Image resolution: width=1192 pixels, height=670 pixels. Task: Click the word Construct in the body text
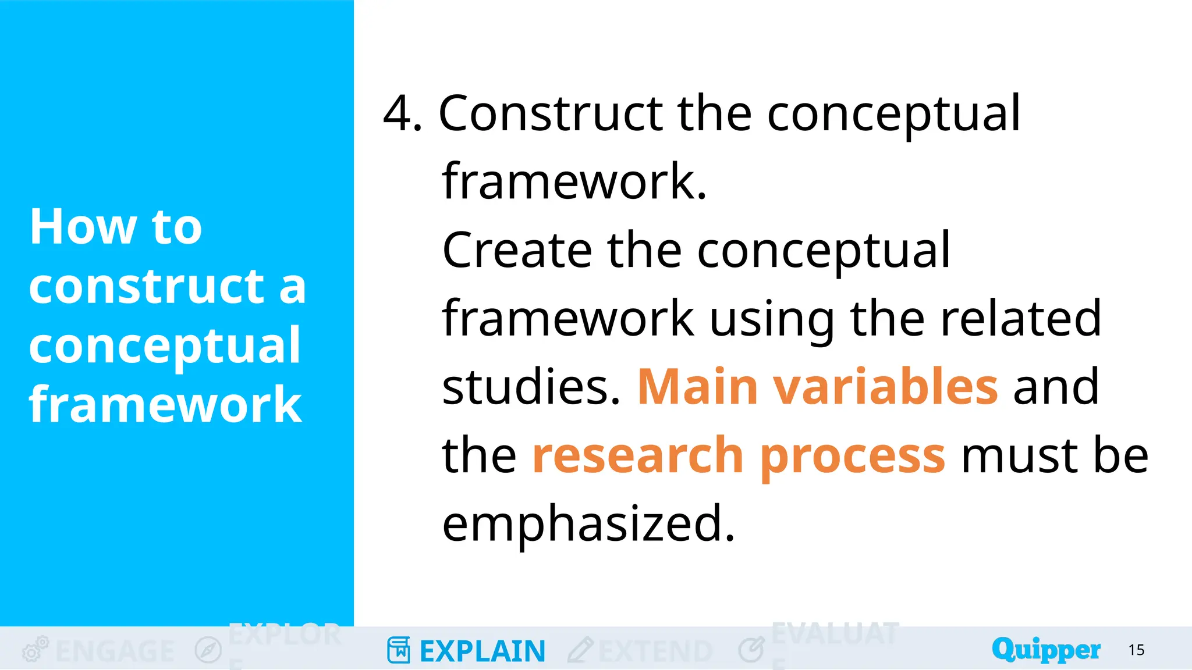(x=550, y=113)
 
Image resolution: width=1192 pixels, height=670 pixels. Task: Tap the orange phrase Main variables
(x=818, y=387)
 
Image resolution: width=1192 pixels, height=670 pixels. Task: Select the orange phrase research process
(x=738, y=456)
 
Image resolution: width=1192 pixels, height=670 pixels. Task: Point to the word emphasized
(x=588, y=523)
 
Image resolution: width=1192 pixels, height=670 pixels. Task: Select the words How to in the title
(x=116, y=227)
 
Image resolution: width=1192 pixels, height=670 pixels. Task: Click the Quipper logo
(x=1046, y=650)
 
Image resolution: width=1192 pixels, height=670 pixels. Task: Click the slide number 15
(x=1136, y=650)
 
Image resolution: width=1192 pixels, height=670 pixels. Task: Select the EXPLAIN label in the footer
(x=482, y=651)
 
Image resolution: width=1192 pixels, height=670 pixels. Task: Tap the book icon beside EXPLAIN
(x=399, y=650)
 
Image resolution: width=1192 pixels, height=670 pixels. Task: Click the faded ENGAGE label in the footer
(x=115, y=651)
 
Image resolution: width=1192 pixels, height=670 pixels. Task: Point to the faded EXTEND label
(x=655, y=651)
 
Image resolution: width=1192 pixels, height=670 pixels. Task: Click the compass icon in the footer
(x=208, y=650)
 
